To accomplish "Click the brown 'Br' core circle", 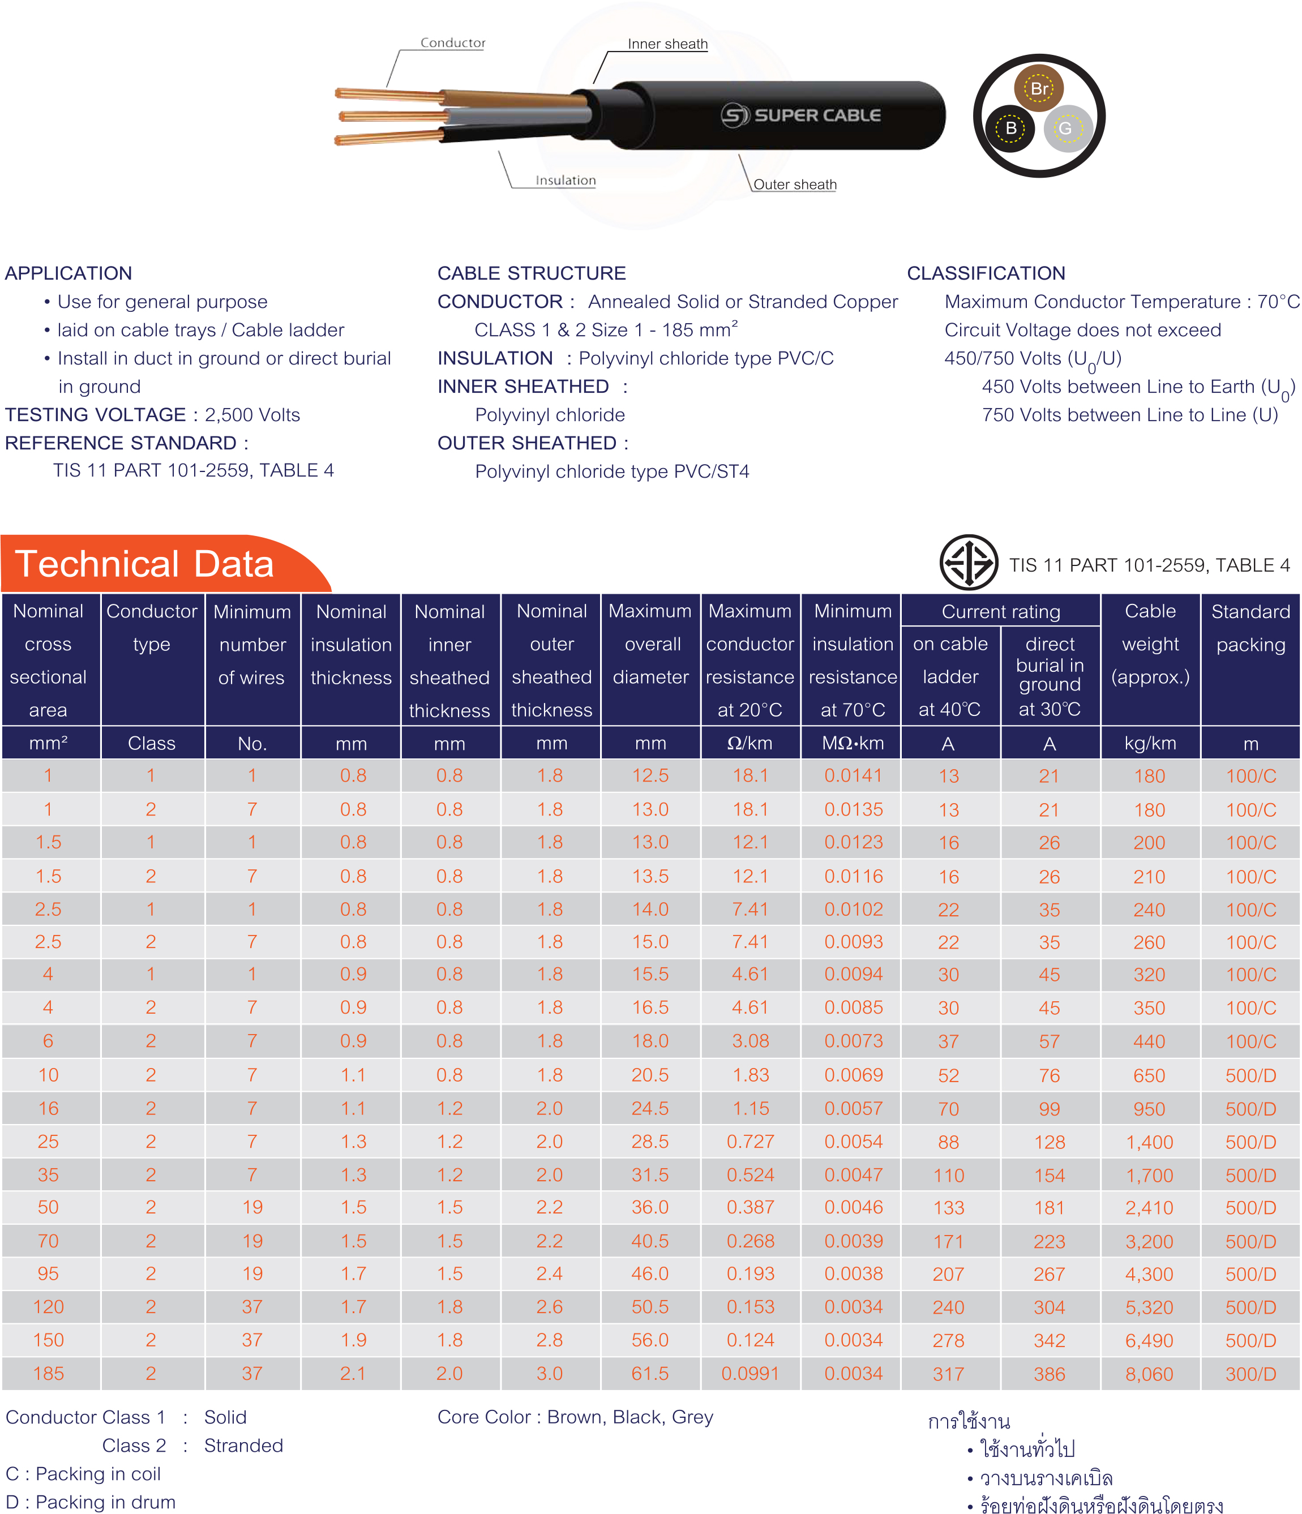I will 1038,88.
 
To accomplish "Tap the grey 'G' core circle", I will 1067,128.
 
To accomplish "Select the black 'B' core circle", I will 1010,128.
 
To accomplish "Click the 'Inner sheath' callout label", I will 667,44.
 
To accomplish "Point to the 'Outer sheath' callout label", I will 794,184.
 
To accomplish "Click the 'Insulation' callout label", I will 566,181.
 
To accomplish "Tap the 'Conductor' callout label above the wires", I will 452,43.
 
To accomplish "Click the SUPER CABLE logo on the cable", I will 801,115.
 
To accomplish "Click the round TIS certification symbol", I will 968,562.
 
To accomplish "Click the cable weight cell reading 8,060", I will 1149,1374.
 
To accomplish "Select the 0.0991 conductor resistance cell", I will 749,1374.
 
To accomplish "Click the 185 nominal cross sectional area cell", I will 48,1374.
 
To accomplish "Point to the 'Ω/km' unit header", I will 749,743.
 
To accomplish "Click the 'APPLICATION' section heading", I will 68,273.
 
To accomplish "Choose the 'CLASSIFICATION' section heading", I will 986,273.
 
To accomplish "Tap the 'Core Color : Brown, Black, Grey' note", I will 575,1417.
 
